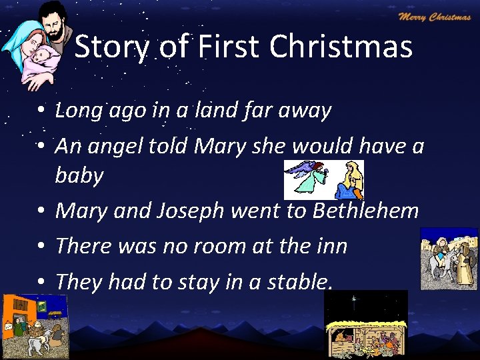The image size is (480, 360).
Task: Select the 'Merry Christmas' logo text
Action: (434, 17)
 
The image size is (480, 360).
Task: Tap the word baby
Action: (79, 175)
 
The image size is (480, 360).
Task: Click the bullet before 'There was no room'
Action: (41, 247)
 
